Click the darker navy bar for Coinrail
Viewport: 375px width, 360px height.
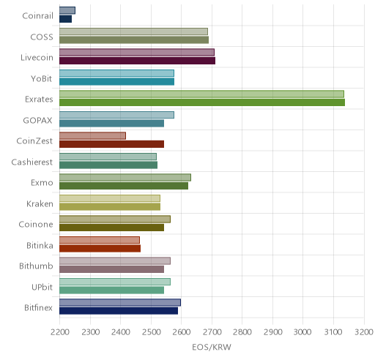click(x=65, y=19)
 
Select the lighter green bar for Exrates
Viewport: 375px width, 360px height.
click(x=201, y=94)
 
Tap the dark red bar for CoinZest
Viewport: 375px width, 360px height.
click(x=111, y=144)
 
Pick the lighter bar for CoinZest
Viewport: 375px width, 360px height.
click(x=92, y=135)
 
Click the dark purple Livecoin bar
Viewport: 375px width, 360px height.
click(x=137, y=61)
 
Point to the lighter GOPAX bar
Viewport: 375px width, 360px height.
click(x=116, y=115)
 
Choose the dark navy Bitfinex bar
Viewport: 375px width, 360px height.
click(x=119, y=311)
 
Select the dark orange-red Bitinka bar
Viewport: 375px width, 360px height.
click(x=100, y=249)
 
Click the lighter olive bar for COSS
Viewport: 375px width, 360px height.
click(x=133, y=31)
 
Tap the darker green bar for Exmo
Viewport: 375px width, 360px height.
click(x=124, y=186)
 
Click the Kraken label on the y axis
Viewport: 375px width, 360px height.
click(x=40, y=203)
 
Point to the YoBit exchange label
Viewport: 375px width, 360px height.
click(x=42, y=78)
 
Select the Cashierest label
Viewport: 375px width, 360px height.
click(x=32, y=162)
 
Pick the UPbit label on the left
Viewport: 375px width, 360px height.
click(x=42, y=287)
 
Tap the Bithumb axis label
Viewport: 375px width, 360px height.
click(x=36, y=266)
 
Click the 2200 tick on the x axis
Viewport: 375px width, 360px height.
click(x=59, y=332)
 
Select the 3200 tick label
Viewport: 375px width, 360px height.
click(x=364, y=332)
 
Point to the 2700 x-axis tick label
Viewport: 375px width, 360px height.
click(x=212, y=332)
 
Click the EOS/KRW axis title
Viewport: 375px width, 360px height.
click(x=212, y=347)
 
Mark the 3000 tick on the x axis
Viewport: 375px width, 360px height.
click(x=302, y=332)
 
